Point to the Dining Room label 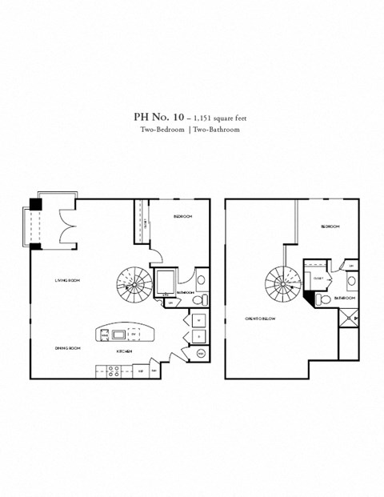click(x=67, y=348)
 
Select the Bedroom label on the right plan click(x=330, y=226)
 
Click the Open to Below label click(x=259, y=319)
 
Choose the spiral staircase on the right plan click(x=282, y=282)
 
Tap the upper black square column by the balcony click(x=36, y=203)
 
